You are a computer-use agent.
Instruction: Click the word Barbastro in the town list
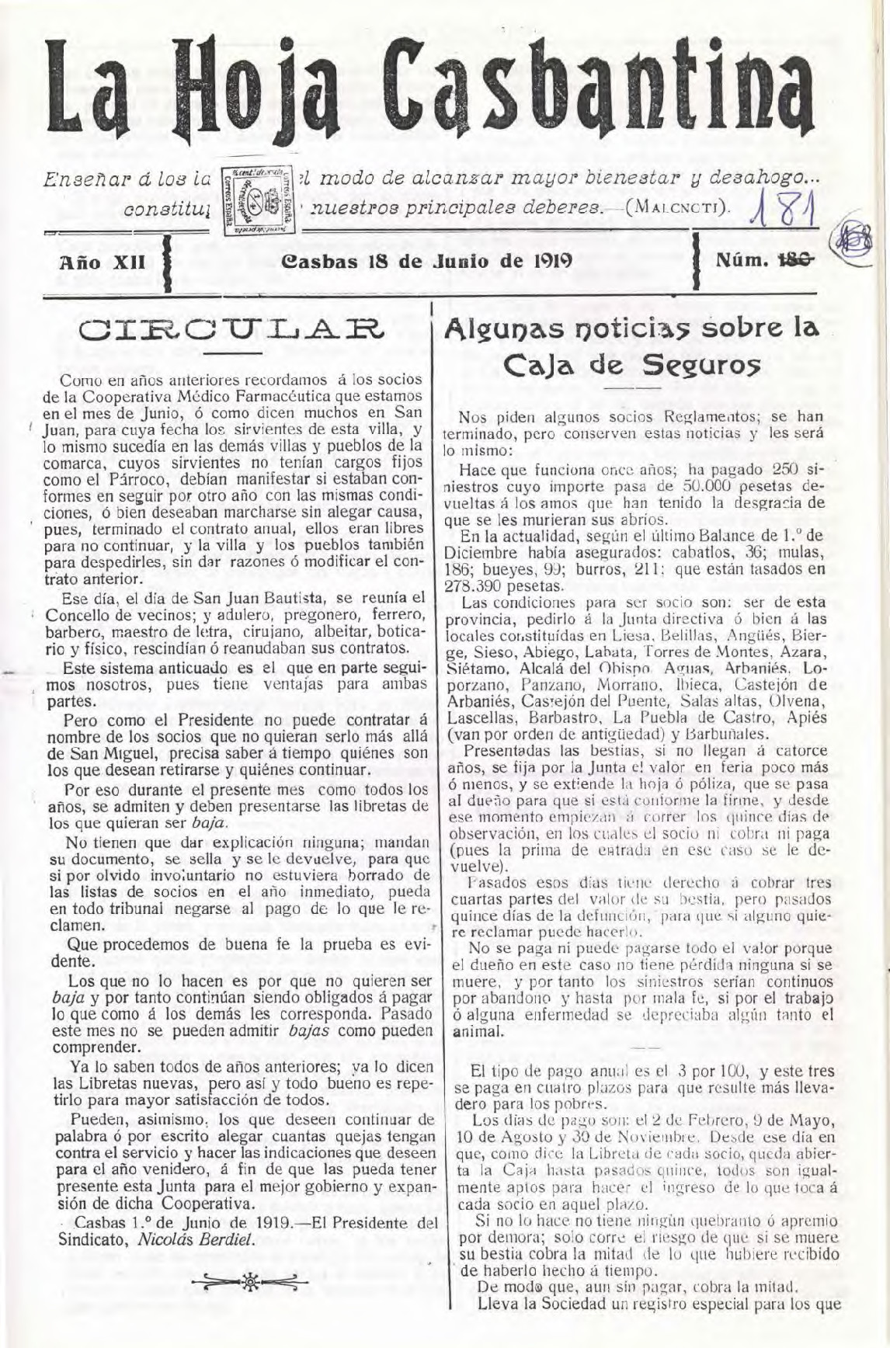(x=565, y=717)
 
